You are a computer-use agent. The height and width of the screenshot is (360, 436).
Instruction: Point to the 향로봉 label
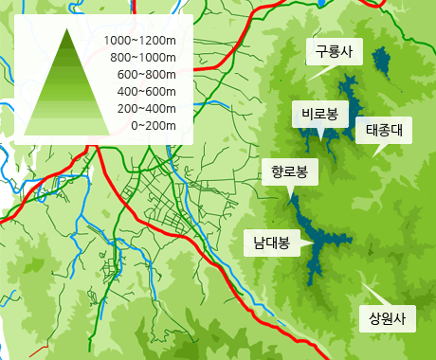289,171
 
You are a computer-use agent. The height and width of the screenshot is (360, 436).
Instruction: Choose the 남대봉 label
271,242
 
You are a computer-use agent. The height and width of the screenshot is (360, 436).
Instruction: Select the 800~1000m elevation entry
143,58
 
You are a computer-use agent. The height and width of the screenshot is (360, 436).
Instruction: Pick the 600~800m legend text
147,75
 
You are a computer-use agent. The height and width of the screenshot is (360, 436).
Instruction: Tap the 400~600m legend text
147,92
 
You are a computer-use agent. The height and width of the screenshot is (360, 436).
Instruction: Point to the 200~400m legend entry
147,109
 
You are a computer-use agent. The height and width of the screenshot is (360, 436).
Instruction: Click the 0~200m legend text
154,125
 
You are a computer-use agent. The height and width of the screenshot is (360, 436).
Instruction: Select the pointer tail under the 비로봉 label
321,133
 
